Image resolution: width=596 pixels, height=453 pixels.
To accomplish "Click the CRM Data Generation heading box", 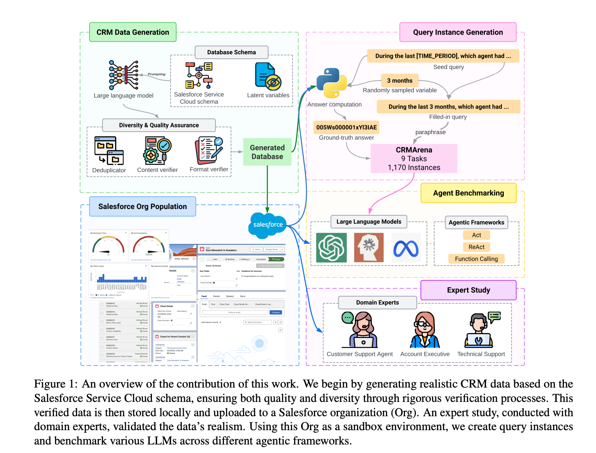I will click(133, 32).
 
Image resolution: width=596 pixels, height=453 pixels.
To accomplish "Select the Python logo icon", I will click(331, 83).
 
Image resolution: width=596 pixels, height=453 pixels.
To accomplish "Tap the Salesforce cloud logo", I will click(268, 225).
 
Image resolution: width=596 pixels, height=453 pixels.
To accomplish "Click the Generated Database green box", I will click(267, 152).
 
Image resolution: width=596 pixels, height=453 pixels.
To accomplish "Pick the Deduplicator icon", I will click(109, 151).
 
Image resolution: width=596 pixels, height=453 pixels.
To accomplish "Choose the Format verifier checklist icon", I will click(209, 149).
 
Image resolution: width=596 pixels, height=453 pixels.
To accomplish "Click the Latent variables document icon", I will click(268, 76).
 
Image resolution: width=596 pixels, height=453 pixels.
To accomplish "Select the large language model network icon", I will click(123, 75).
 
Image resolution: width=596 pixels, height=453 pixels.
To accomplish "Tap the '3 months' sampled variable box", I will click(400, 81).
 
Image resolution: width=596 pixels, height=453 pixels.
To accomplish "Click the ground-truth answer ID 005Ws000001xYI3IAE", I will click(346, 127).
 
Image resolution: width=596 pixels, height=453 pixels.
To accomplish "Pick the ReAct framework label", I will click(476, 247).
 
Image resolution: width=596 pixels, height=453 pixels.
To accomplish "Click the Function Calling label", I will click(476, 259).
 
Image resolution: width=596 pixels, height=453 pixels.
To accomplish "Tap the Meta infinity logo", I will click(406, 248).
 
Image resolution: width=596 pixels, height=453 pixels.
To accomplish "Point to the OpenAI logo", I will click(331, 248).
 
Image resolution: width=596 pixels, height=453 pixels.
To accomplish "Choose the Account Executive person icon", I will click(425, 330).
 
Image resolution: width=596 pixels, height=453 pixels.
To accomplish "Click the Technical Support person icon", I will click(481, 330).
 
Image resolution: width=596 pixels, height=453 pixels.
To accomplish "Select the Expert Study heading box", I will click(468, 290).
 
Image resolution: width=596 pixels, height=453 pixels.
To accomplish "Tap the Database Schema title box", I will click(231, 52).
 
